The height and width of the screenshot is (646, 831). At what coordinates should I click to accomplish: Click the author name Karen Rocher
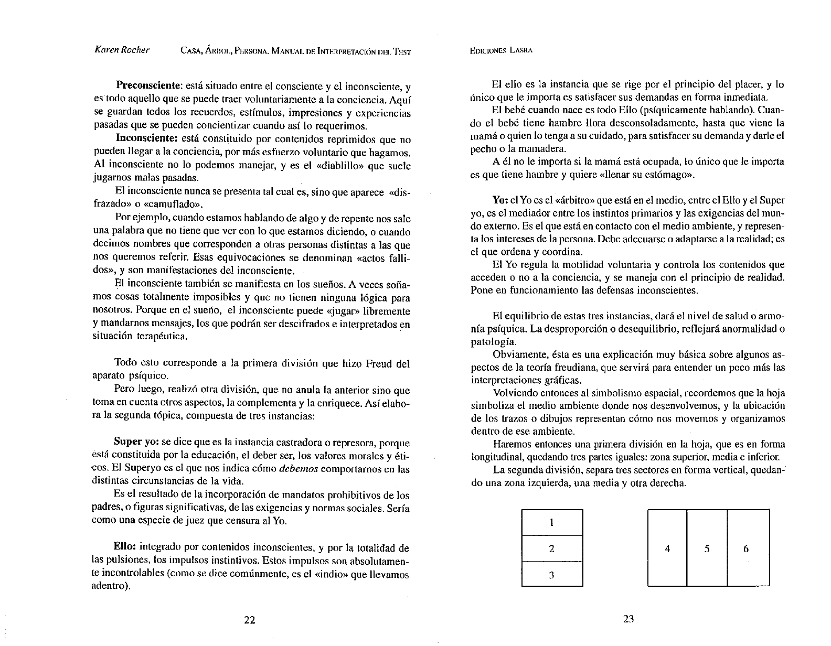[121, 50]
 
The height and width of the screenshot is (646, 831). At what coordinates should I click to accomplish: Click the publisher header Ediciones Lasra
[501, 51]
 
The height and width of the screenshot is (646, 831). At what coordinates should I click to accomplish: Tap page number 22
[250, 620]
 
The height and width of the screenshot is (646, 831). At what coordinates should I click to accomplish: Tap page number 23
[628, 619]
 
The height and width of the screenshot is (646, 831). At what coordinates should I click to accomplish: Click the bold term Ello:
[125, 548]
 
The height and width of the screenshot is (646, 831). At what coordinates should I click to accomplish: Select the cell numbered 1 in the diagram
[551, 522]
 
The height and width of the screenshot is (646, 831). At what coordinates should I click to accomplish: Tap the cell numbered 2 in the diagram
[551, 548]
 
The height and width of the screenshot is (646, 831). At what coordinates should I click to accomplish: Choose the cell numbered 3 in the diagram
[551, 575]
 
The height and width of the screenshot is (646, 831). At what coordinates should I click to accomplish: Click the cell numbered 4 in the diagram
[667, 549]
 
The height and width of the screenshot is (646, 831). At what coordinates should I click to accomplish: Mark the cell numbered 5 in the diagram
[707, 549]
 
